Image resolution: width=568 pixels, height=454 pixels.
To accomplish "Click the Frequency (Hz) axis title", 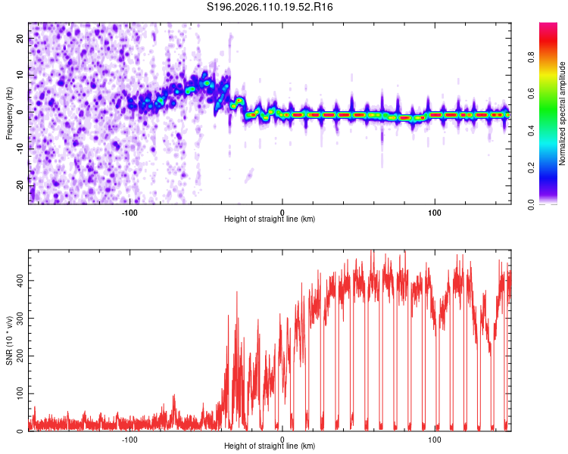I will click(x=9, y=113).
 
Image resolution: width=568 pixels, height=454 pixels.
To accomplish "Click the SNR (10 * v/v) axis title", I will click(x=9, y=340).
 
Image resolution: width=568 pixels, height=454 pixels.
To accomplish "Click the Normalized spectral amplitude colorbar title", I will click(x=563, y=113).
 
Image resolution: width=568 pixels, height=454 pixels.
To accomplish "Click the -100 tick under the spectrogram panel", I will click(x=130, y=211).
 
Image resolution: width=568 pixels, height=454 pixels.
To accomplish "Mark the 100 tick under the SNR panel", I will click(x=435, y=439).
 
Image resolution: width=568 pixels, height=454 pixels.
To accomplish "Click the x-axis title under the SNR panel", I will click(x=270, y=446).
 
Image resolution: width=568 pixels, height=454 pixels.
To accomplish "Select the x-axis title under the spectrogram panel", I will click(x=270, y=219).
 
